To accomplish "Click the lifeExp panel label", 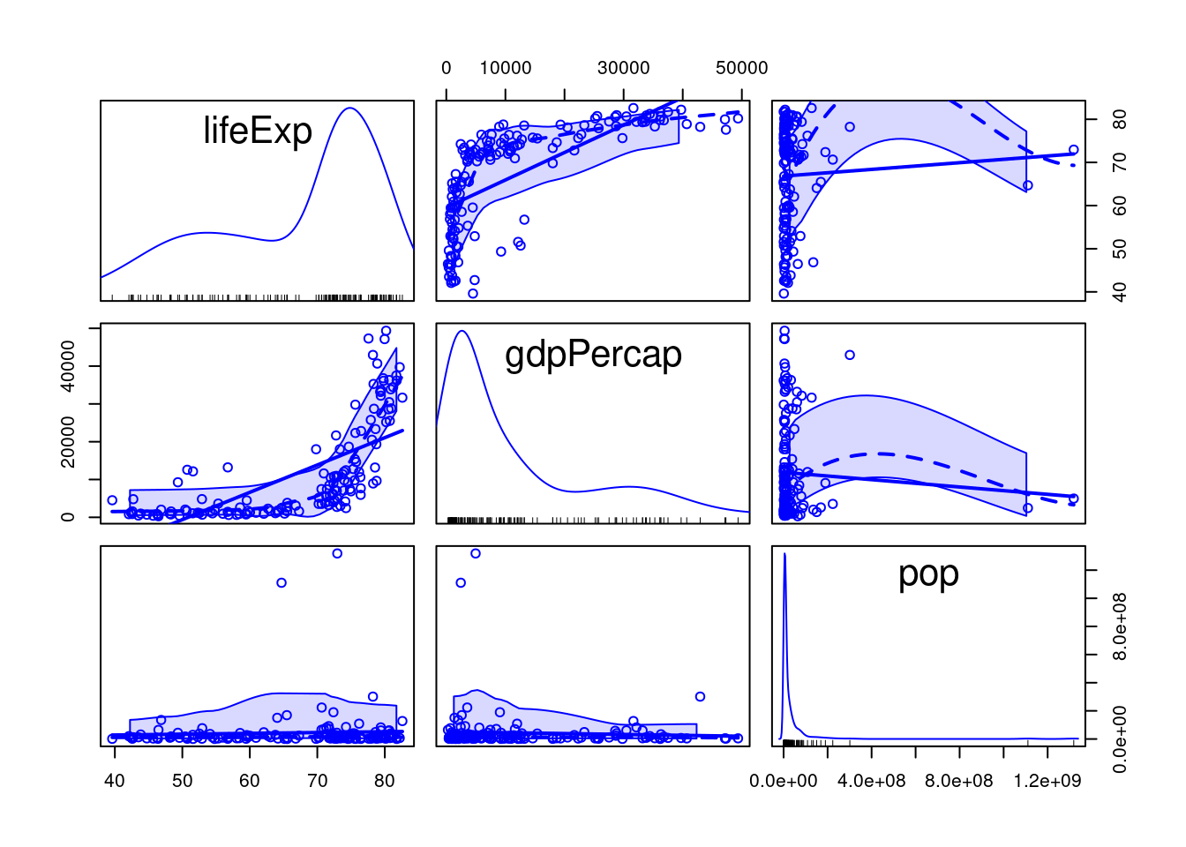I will (x=258, y=131).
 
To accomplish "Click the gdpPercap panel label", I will (x=593, y=355).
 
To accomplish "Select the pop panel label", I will (x=928, y=573).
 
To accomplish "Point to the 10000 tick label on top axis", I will (x=506, y=68).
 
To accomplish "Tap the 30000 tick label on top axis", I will (x=624, y=68).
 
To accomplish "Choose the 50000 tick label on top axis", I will (x=741, y=68).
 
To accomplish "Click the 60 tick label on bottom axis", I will (x=250, y=781).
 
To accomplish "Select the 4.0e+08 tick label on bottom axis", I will (x=872, y=781).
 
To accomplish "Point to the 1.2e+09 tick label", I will (x=1047, y=781).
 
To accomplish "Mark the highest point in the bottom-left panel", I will (x=336, y=553).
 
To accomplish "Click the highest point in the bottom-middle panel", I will (x=476, y=553).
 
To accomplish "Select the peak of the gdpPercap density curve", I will (x=461, y=331).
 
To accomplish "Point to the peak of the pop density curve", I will (x=784, y=554).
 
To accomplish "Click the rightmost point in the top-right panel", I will (x=1074, y=150).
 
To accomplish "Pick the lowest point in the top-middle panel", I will (x=473, y=294).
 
